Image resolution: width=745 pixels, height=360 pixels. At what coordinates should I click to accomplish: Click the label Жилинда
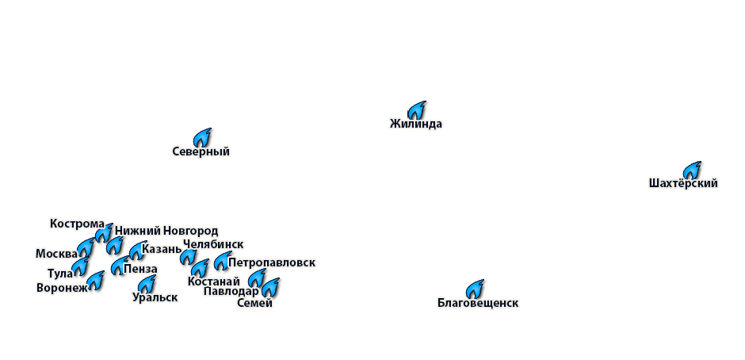tap(416, 124)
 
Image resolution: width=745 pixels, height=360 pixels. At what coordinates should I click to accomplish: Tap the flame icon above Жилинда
tap(418, 109)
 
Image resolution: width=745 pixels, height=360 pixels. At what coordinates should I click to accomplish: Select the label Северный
tap(201, 151)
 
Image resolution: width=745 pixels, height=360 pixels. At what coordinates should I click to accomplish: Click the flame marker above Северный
tap(204, 136)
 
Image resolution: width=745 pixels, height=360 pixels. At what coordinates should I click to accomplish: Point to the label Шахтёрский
tap(683, 183)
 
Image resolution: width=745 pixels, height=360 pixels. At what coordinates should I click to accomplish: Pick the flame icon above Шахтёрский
tap(693, 168)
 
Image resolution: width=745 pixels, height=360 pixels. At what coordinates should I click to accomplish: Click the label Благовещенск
tap(478, 303)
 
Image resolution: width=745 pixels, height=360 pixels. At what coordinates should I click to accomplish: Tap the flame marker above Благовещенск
tap(476, 286)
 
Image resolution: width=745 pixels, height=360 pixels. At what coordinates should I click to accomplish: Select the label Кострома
tap(77, 224)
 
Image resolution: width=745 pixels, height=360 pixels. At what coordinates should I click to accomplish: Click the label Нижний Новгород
tap(166, 231)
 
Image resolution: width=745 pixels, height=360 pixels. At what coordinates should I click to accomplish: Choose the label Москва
tap(56, 254)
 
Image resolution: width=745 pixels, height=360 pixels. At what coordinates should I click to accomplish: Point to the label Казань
tap(162, 249)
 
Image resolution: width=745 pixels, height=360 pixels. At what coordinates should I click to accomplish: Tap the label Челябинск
tap(213, 244)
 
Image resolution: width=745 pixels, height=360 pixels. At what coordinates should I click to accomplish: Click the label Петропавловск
tap(272, 262)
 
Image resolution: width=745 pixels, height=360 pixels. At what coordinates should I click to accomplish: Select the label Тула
tap(60, 274)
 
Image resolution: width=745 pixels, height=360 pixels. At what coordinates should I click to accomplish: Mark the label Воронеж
tap(62, 288)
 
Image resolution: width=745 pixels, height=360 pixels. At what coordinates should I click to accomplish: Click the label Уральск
tap(155, 297)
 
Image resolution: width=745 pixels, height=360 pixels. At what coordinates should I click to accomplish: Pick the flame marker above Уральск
tap(147, 282)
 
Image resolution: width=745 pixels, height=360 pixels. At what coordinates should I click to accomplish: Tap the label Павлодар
tap(231, 292)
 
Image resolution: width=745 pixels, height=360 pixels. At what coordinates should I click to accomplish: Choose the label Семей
tap(254, 303)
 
